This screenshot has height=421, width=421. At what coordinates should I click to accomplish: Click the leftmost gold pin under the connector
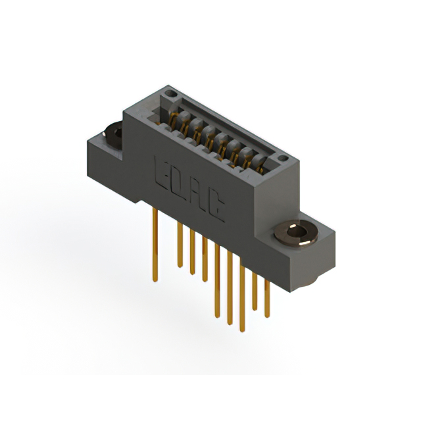(x=155, y=243)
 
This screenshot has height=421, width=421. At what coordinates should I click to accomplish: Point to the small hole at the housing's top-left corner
(x=170, y=95)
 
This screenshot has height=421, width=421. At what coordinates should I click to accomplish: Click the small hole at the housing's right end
(x=282, y=159)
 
